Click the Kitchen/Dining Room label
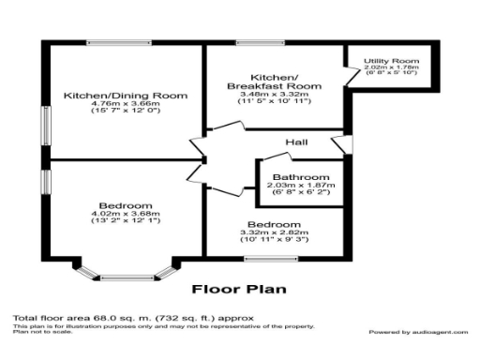point(126,96)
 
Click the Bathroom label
point(300,177)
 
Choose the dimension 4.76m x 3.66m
point(126,105)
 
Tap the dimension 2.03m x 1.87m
point(300,186)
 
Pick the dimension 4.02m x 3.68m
point(125,215)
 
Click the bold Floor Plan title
point(239,290)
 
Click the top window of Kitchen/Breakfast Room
point(254,40)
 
